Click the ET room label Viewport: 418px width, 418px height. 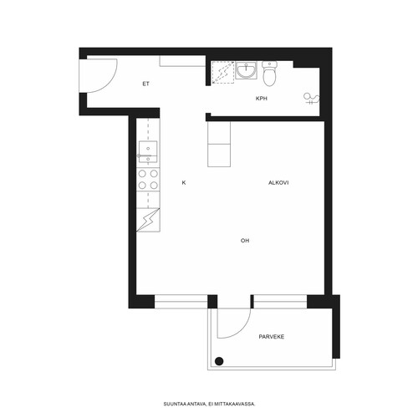[145, 84]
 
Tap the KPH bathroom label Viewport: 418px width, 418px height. [262, 99]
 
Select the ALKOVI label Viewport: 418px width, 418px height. [278, 183]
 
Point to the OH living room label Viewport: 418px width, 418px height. [245, 241]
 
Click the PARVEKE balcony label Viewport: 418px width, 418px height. [272, 337]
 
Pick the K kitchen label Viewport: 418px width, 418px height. [184, 183]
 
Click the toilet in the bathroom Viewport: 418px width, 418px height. [269, 74]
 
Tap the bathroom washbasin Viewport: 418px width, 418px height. [247, 70]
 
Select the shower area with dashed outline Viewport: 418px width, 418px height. [223, 73]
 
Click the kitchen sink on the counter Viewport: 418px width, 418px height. [148, 152]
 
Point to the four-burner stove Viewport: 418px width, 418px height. [148, 179]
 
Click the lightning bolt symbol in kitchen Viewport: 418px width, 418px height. [148, 220]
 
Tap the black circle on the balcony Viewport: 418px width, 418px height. [219, 361]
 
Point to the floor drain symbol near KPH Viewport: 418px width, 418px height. [311, 99]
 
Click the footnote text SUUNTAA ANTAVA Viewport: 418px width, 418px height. [185, 404]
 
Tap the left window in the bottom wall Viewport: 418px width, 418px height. [181, 302]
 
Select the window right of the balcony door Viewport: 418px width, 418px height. [280, 302]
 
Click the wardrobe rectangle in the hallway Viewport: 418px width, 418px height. [182, 61]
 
